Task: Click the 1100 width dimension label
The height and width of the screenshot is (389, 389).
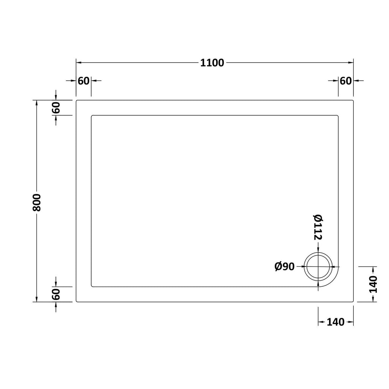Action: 212,63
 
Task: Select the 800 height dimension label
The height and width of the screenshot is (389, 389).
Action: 37,202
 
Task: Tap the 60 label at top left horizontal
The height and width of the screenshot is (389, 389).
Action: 83,81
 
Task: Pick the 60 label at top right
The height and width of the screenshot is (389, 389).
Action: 346,81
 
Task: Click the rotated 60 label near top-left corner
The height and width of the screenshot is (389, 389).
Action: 56,108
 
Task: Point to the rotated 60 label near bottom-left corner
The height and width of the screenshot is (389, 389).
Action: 56,294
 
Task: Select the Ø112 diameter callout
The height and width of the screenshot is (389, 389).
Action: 318,227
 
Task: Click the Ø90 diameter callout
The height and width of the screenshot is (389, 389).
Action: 285,267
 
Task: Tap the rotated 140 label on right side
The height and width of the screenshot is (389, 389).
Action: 373,284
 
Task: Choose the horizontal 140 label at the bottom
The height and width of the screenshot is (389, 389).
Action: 336,322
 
